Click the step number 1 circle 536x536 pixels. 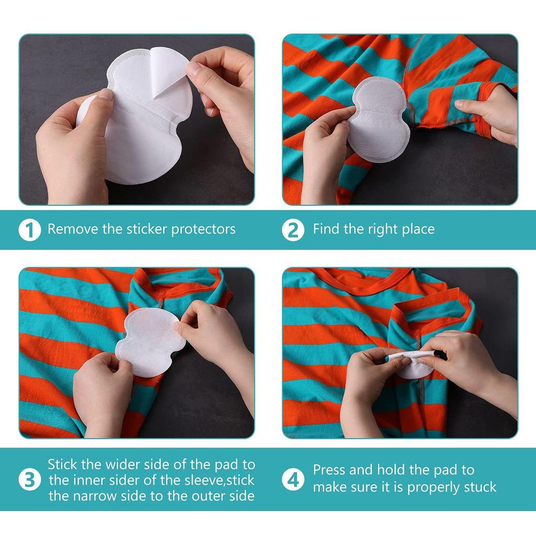click(30, 230)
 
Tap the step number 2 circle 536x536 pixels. click(293, 230)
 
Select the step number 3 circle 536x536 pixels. click(30, 479)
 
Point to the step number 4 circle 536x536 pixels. click(293, 479)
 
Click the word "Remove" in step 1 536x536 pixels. click(73, 229)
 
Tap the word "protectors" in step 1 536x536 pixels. click(204, 230)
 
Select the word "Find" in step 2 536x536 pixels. click(326, 229)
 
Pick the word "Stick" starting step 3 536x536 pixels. click(63, 464)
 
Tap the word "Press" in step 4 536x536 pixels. click(330, 470)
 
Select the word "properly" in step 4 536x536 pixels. click(433, 487)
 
